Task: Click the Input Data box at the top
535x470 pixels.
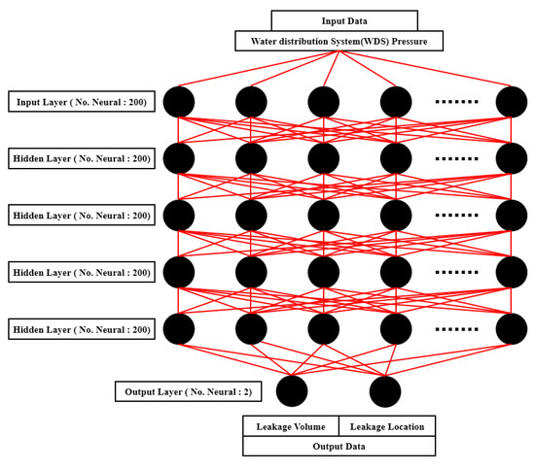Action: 344,20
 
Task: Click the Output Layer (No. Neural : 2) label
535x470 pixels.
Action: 187,391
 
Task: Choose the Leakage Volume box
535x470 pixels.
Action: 290,425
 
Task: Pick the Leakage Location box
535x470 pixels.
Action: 386,425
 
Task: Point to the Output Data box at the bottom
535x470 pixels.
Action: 339,446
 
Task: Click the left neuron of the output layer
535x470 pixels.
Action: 292,391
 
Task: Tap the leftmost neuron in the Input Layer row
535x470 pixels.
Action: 179,101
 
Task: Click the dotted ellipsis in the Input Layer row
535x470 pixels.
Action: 455,101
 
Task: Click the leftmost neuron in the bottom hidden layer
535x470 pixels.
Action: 179,330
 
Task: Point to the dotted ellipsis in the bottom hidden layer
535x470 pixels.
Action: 455,330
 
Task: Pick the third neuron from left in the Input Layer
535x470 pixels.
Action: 324,101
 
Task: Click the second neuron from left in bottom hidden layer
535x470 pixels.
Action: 251,330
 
